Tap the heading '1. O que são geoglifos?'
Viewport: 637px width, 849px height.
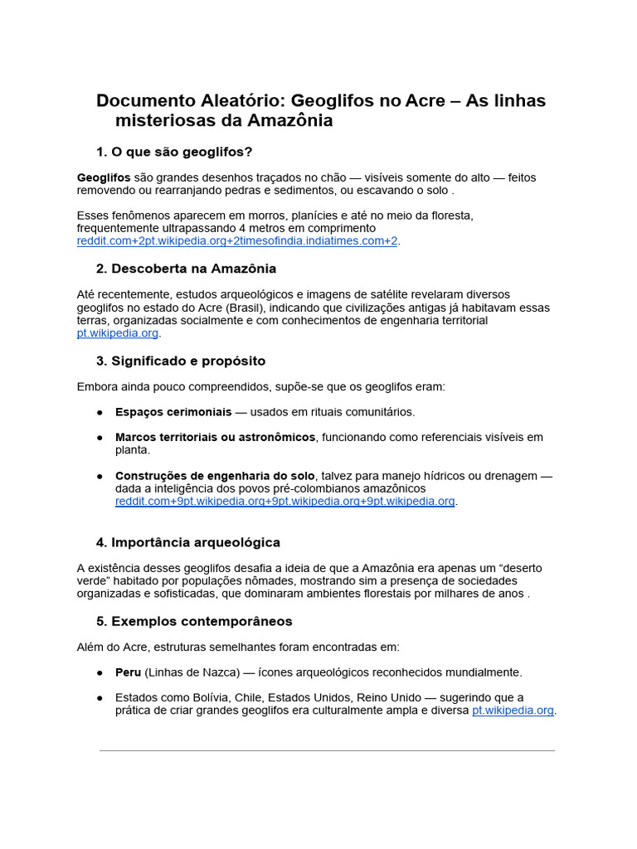[174, 152]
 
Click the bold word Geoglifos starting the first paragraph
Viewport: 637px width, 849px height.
[104, 177]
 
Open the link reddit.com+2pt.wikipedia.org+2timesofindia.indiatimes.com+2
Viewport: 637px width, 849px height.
[237, 240]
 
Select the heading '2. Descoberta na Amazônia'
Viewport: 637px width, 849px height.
[186, 269]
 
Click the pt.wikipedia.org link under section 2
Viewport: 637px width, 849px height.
[117, 332]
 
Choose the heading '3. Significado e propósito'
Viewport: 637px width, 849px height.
[181, 361]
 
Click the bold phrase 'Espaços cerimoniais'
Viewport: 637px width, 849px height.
[173, 412]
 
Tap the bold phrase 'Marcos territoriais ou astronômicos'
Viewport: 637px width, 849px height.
[216, 437]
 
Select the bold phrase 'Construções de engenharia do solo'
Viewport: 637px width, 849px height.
[215, 476]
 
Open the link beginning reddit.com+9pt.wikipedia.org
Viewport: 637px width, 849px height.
[285, 501]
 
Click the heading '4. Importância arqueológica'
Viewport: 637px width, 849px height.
[187, 542]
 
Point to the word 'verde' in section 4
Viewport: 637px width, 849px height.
[92, 580]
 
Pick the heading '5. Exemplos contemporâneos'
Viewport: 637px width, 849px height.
[194, 621]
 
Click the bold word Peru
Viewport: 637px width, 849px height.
[129, 672]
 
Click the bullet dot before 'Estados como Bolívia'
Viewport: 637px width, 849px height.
[100, 698]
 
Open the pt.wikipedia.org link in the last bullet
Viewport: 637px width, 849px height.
[513, 711]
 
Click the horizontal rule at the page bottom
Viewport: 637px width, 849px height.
[327, 751]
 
